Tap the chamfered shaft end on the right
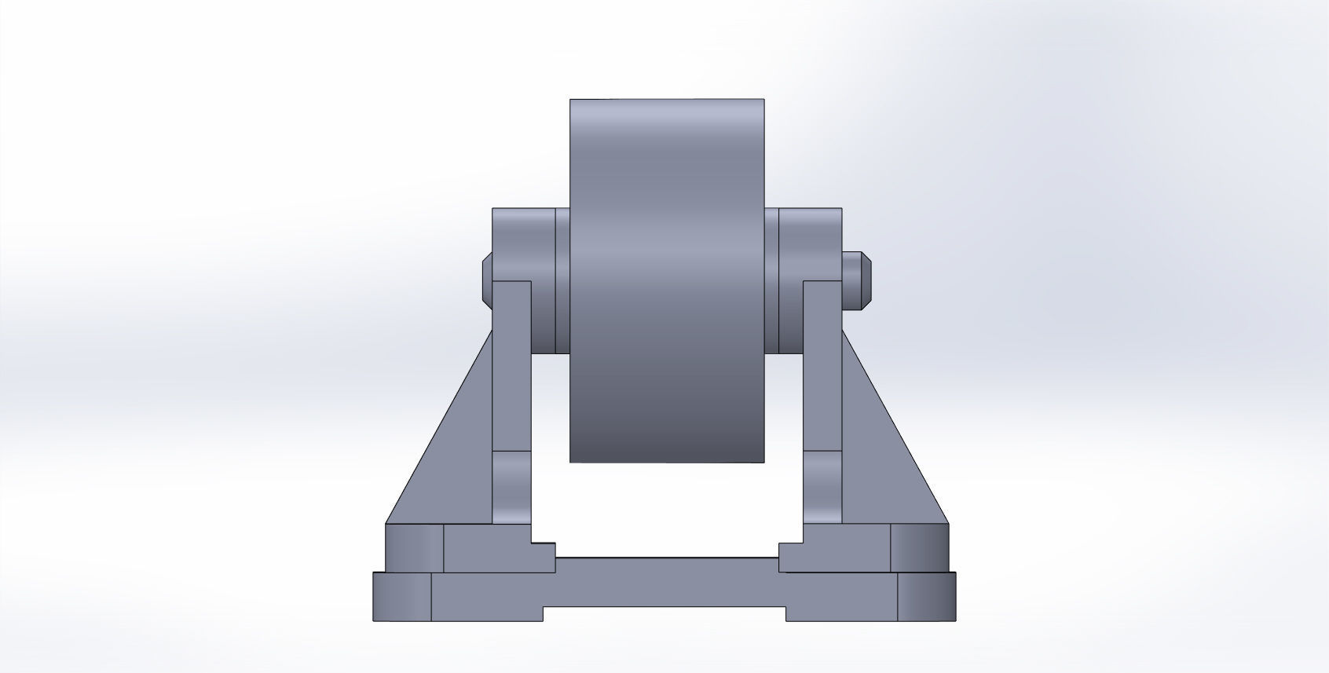coord(857,279)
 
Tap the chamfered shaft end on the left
coord(486,276)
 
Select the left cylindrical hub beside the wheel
coord(523,243)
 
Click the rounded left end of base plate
coord(401,597)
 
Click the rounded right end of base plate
coord(927,597)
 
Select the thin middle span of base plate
coord(666,581)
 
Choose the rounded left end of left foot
coord(414,547)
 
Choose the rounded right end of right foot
coord(920,547)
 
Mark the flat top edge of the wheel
coord(666,100)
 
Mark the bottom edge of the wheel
coord(666,461)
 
